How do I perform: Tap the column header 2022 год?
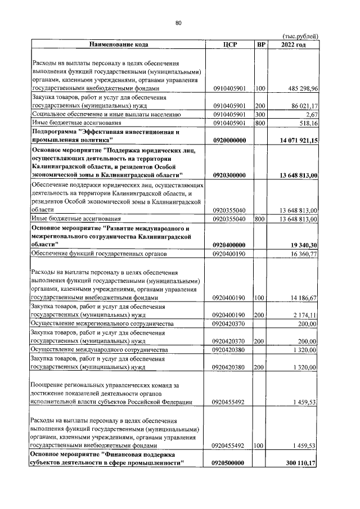pos(293,44)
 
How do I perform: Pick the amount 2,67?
pos(312,114)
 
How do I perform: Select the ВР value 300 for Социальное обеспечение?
pos(260,114)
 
